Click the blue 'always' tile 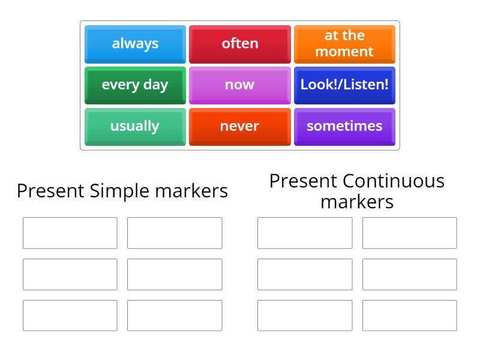click(x=135, y=44)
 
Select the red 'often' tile click(x=239, y=44)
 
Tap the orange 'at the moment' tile click(x=344, y=44)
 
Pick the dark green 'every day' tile click(x=135, y=85)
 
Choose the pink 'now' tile click(x=239, y=85)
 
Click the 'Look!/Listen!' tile click(x=344, y=85)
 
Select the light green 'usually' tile click(x=135, y=127)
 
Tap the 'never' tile click(x=239, y=127)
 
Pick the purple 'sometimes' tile click(x=344, y=127)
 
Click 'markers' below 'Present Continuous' click(x=357, y=202)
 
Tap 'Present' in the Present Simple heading click(x=51, y=191)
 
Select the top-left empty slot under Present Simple click(x=70, y=233)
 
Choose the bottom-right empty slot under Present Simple click(x=175, y=316)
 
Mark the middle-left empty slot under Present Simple click(x=70, y=274)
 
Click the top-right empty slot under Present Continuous click(x=409, y=233)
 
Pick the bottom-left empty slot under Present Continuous click(x=305, y=316)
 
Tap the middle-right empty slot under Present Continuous click(x=409, y=274)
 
